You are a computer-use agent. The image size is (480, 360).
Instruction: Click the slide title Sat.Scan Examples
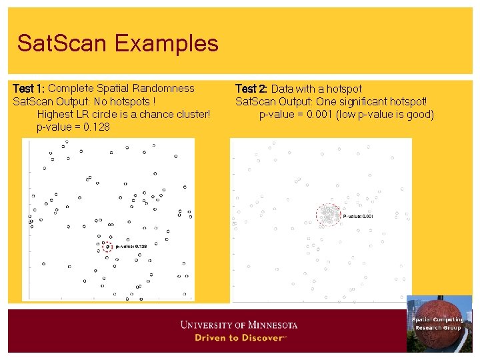pos(117,43)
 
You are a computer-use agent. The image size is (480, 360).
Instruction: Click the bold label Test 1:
pos(29,88)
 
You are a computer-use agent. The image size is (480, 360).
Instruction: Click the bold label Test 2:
pos(251,89)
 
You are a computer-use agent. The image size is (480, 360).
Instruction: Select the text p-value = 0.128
pos(73,127)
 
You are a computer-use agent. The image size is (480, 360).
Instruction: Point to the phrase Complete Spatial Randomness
pos(121,88)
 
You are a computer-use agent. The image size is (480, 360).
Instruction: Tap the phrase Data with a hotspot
pos(317,89)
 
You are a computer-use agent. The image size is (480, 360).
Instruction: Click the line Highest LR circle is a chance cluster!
pos(123,114)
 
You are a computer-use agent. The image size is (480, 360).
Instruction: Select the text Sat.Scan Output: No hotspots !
pos(84,101)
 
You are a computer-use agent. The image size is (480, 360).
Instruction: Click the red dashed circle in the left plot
pos(107,247)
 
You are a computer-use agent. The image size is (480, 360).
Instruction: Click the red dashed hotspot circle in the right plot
pos(328,215)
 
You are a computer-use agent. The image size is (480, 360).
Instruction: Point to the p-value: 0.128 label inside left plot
pos(131,247)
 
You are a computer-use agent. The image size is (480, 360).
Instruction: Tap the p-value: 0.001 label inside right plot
pos(358,216)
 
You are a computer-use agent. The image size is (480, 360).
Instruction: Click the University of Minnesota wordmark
pos(239,325)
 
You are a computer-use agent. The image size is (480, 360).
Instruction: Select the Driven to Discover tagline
pos(239,338)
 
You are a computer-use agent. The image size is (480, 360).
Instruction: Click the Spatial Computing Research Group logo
pos(438,323)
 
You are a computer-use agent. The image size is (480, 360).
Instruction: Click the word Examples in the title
pos(166,43)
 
